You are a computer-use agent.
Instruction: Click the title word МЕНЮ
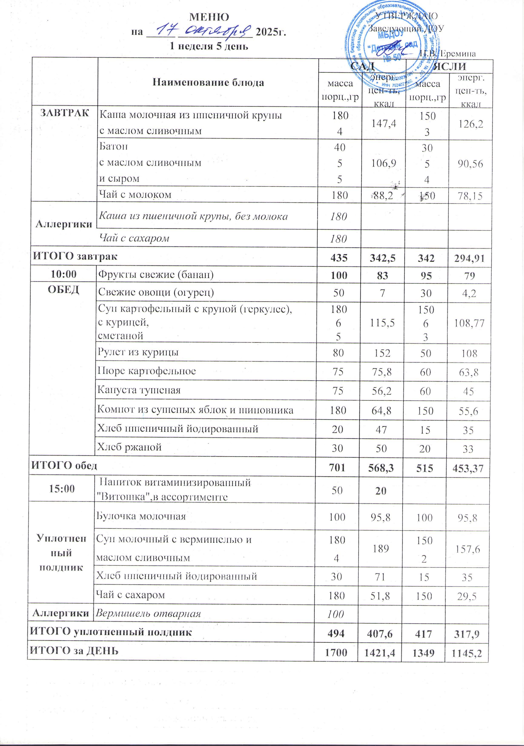coord(209,17)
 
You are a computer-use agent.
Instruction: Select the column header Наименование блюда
coord(208,83)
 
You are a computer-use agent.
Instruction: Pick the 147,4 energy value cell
coord(384,123)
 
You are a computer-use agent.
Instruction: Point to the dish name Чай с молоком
coord(135,195)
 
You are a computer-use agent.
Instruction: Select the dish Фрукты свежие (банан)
coord(156,275)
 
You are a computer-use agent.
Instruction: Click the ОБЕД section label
coord(64,290)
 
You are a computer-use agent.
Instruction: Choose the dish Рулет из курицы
coord(138,352)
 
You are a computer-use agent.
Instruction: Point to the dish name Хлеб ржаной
coord(129,447)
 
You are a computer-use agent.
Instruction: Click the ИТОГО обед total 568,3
coord(382,468)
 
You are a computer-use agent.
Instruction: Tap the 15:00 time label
coord(62,489)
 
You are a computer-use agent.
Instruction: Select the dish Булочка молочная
coord(141,516)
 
